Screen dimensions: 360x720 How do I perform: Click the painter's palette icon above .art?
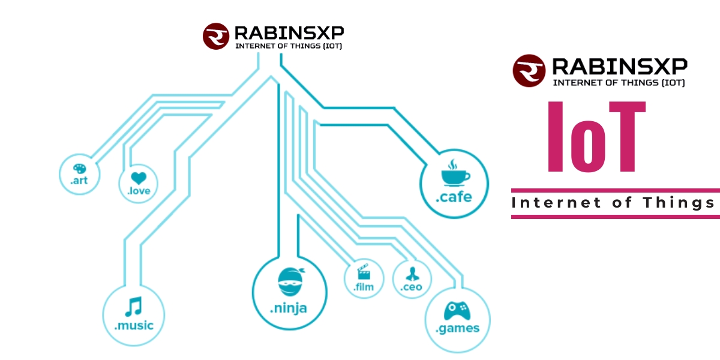click(79, 169)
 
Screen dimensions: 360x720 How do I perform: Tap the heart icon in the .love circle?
click(139, 178)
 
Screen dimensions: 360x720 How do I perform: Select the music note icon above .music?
click(133, 307)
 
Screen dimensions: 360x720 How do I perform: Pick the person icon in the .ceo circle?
click(412, 274)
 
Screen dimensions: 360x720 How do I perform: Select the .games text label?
click(457, 328)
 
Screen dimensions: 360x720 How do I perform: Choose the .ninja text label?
click(288, 309)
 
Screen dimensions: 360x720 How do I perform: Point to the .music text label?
click(134, 326)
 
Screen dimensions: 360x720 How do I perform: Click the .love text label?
click(139, 191)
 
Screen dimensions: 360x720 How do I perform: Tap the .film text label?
click(364, 287)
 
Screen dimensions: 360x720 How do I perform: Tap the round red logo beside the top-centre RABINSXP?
click(215, 36)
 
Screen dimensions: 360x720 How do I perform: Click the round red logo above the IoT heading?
click(529, 70)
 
